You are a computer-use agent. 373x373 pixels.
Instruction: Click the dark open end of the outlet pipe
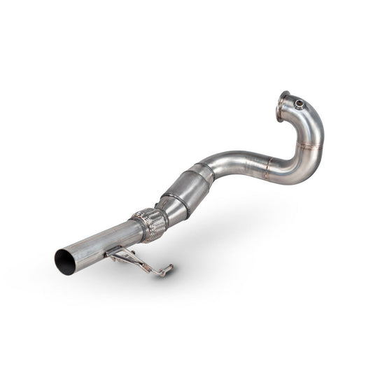(64, 261)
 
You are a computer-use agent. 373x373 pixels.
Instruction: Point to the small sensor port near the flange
(300, 104)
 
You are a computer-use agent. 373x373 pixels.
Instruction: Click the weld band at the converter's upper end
(202, 171)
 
